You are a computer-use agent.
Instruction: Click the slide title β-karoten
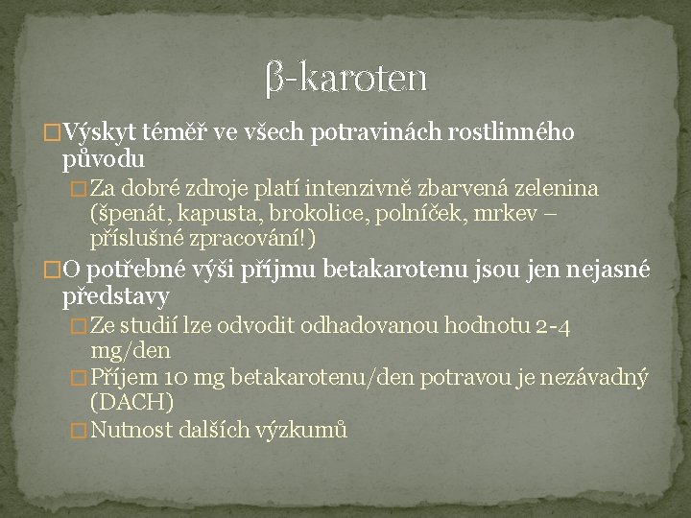[345, 77]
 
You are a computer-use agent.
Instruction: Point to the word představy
[115, 294]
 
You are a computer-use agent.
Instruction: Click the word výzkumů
[299, 430]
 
